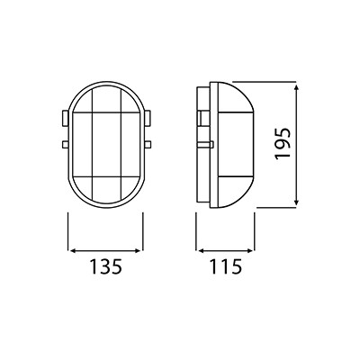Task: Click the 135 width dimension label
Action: pos(105,266)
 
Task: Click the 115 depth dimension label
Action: pos(225,266)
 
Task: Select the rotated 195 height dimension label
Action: pos(283,143)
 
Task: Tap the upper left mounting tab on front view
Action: pos(65,118)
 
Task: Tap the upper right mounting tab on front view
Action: pos(147,118)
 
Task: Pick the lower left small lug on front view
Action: pos(65,145)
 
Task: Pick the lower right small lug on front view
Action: pos(147,145)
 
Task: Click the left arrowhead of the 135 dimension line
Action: pos(72,250)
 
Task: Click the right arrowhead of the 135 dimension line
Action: pos(139,250)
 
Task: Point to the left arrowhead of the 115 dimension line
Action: pos(200,250)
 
